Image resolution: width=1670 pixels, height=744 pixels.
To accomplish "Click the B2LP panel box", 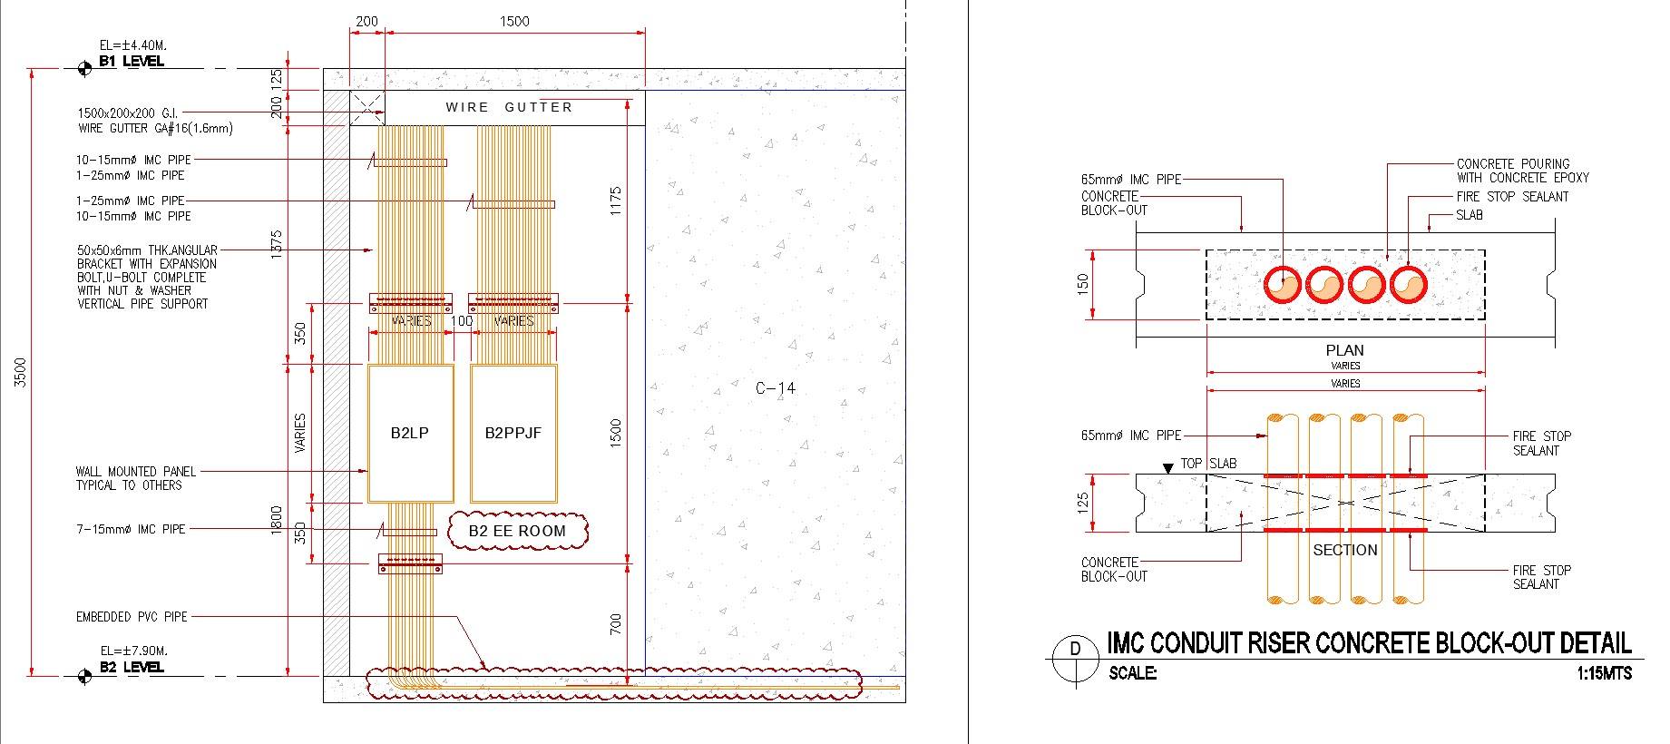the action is pyautogui.click(x=410, y=434).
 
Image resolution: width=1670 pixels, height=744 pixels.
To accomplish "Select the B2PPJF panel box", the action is pyautogui.click(x=513, y=434).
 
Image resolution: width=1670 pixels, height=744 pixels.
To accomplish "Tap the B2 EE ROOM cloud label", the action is pyautogui.click(x=517, y=531).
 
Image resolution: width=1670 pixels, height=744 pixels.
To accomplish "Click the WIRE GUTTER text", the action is pyautogui.click(x=509, y=107).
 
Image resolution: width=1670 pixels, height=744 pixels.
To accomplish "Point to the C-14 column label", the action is pyautogui.click(x=776, y=388).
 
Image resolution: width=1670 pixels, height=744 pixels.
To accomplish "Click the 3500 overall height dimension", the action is pyautogui.click(x=22, y=372).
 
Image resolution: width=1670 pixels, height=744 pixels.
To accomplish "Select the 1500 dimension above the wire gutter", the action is pyautogui.click(x=514, y=21).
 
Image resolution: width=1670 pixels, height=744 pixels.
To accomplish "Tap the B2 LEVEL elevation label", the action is pyautogui.click(x=132, y=667).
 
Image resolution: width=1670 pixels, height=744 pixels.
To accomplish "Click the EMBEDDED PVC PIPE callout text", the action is pyautogui.click(x=132, y=617).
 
